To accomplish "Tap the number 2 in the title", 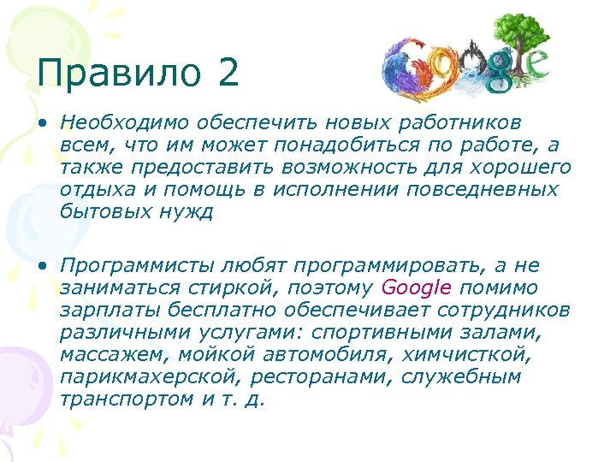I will pos(228,73).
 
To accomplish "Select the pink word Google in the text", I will pos(416,287).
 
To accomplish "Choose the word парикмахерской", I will pos(137,376).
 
